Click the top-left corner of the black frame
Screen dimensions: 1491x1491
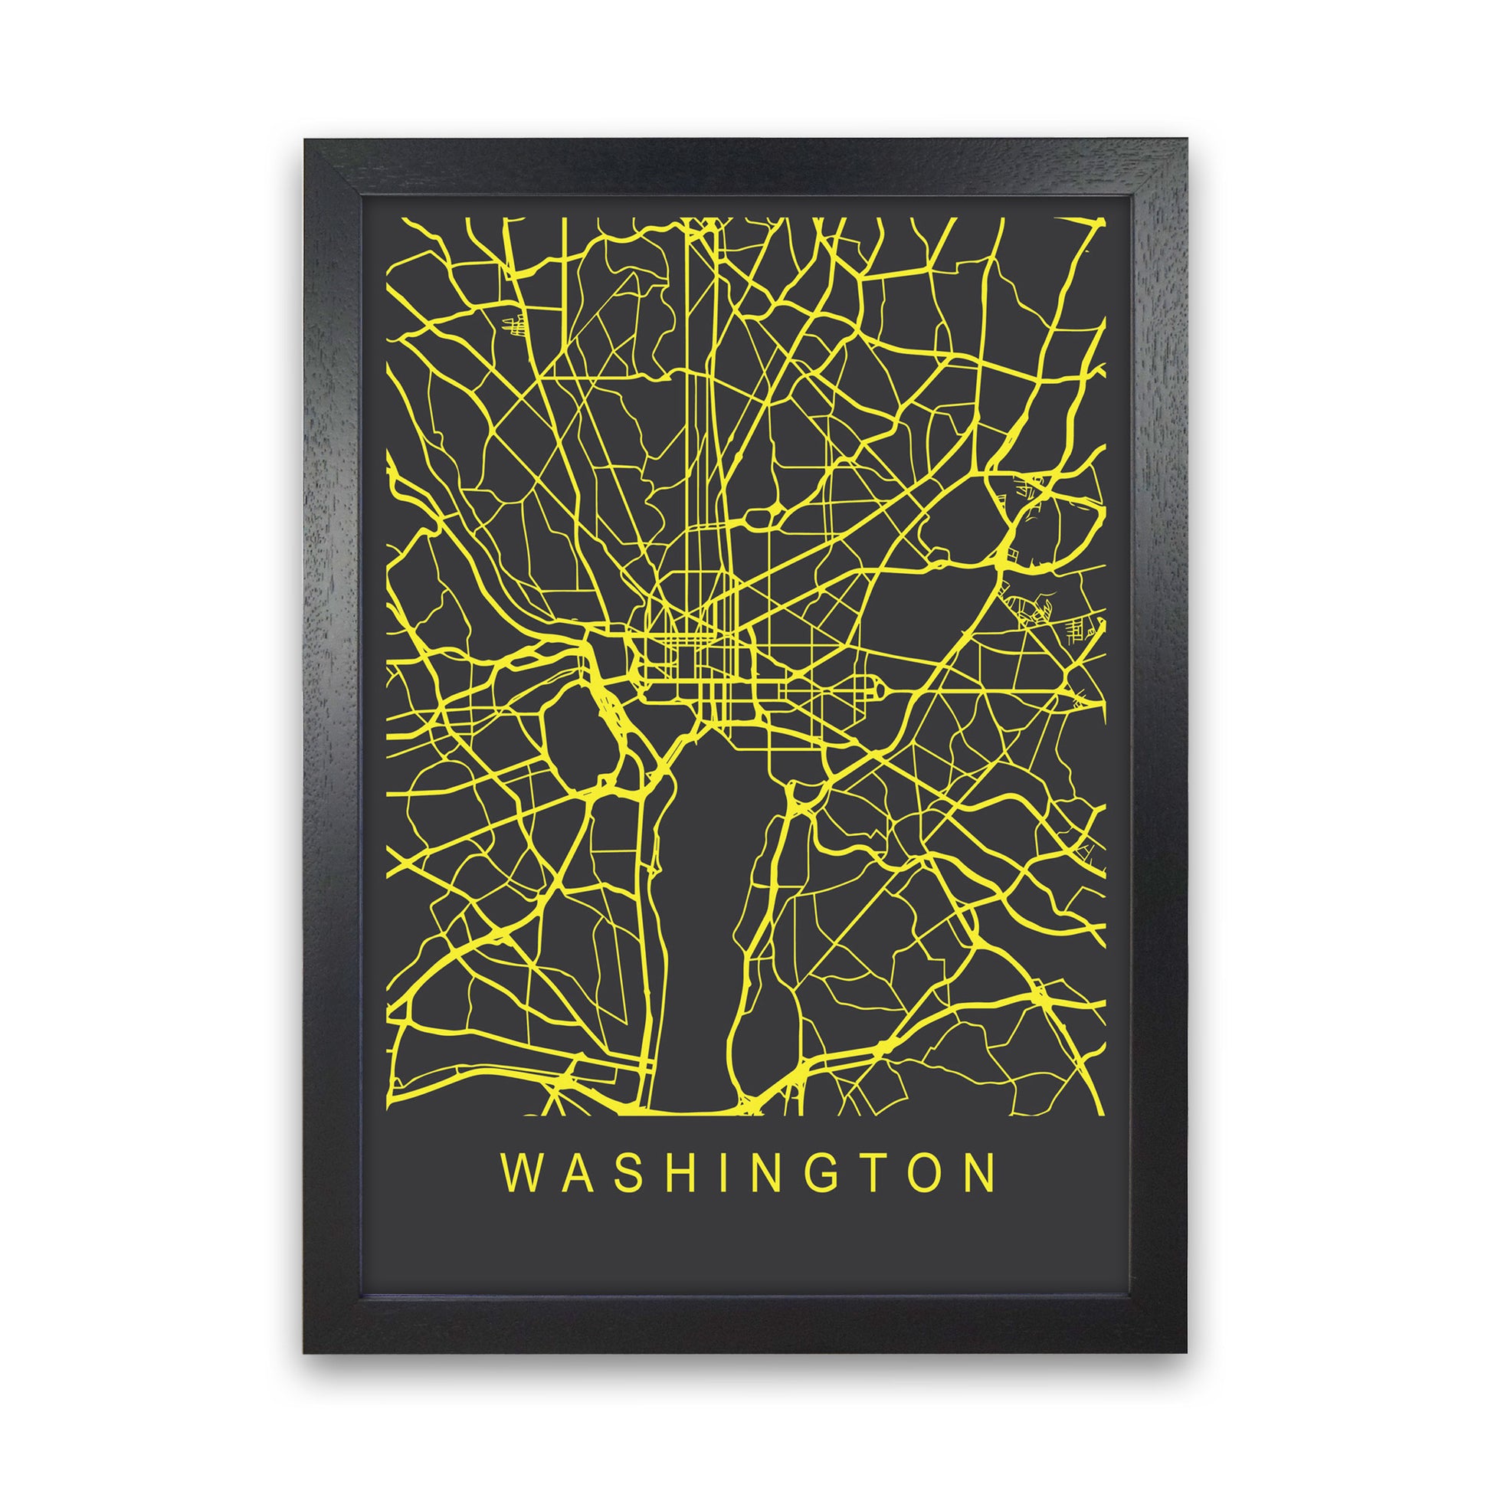(306, 141)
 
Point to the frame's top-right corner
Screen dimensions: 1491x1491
(1185, 141)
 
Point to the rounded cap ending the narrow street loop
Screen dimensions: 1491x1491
(877, 682)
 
